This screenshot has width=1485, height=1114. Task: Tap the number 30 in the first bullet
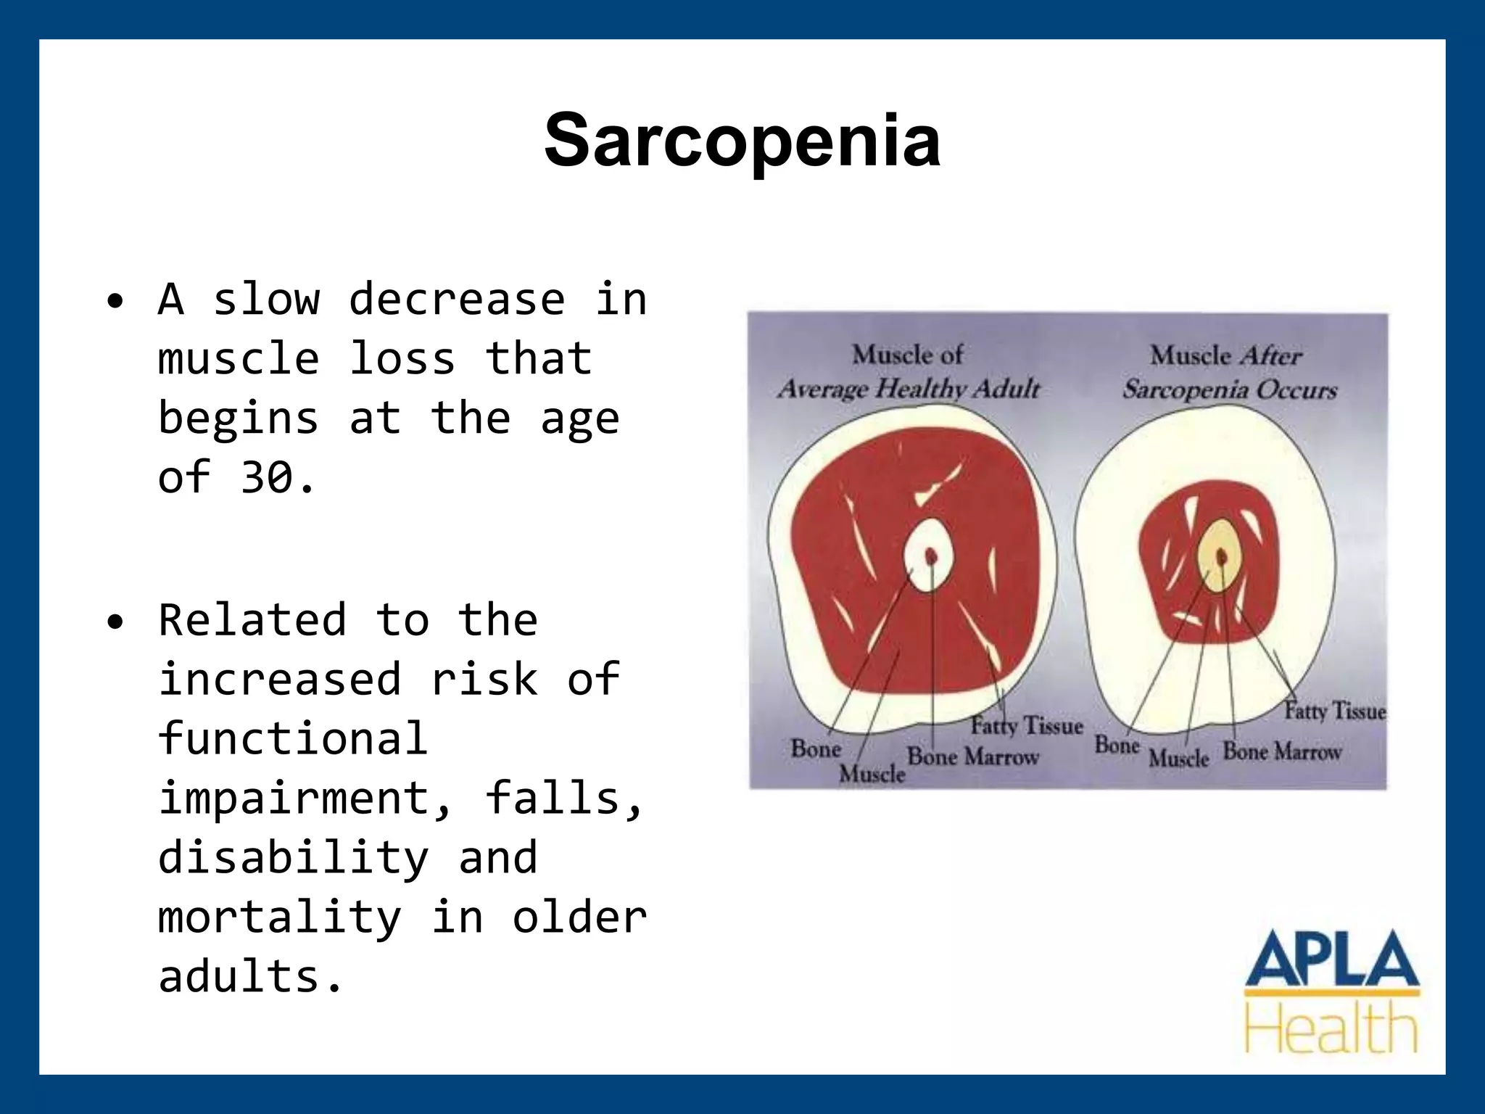267,478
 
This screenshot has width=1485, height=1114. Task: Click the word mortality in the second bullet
279,917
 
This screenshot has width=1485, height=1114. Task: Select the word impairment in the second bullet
305,799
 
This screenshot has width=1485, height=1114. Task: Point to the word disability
294,858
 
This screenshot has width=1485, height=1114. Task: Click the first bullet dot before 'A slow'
115,302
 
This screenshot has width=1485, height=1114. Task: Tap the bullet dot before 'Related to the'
115,622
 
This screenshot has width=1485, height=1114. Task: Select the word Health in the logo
1331,1028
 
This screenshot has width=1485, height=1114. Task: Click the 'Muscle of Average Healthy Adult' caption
909,372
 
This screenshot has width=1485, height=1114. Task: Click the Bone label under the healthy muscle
816,748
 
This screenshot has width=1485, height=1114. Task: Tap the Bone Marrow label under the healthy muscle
973,756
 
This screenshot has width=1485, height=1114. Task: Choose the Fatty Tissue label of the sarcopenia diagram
1334,711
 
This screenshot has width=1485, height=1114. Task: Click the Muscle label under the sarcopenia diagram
1179,758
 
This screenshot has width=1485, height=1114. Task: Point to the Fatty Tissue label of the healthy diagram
1027,725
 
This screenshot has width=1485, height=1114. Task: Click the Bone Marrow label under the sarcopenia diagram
1282,751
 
